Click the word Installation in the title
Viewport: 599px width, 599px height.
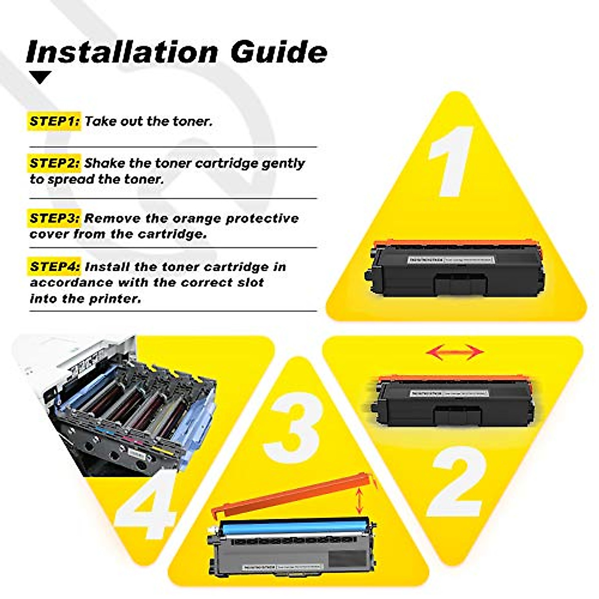[122, 51]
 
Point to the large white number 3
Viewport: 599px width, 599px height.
[292, 424]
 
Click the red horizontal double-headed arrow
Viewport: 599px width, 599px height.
[455, 352]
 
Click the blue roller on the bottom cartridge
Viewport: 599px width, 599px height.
[295, 528]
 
